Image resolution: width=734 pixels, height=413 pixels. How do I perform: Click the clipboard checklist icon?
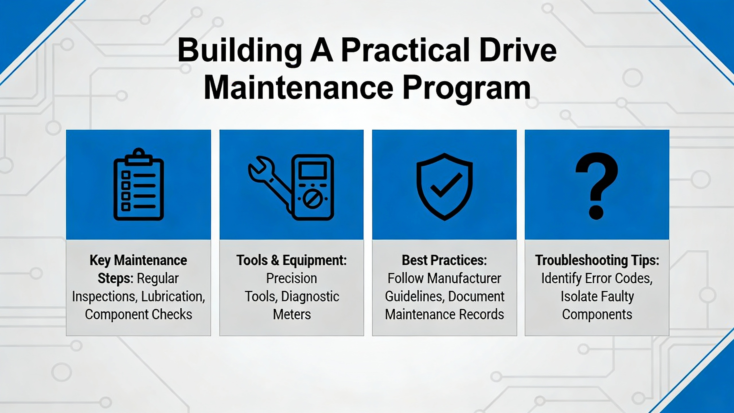(139, 184)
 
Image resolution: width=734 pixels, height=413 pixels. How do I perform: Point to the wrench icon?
(270, 184)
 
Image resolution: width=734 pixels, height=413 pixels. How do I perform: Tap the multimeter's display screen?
(313, 171)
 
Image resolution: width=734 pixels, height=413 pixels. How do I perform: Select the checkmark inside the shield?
(446, 185)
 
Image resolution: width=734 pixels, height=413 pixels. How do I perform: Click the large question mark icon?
(597, 186)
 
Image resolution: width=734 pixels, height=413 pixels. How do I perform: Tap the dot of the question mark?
(596, 212)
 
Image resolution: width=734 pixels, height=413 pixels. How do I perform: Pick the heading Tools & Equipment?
(292, 261)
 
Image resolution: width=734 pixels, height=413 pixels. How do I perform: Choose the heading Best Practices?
(444, 260)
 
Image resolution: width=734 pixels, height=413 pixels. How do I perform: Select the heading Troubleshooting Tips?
(597, 261)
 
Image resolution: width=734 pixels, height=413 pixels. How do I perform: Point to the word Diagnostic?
(310, 297)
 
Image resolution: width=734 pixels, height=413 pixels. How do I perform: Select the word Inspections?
(104, 297)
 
